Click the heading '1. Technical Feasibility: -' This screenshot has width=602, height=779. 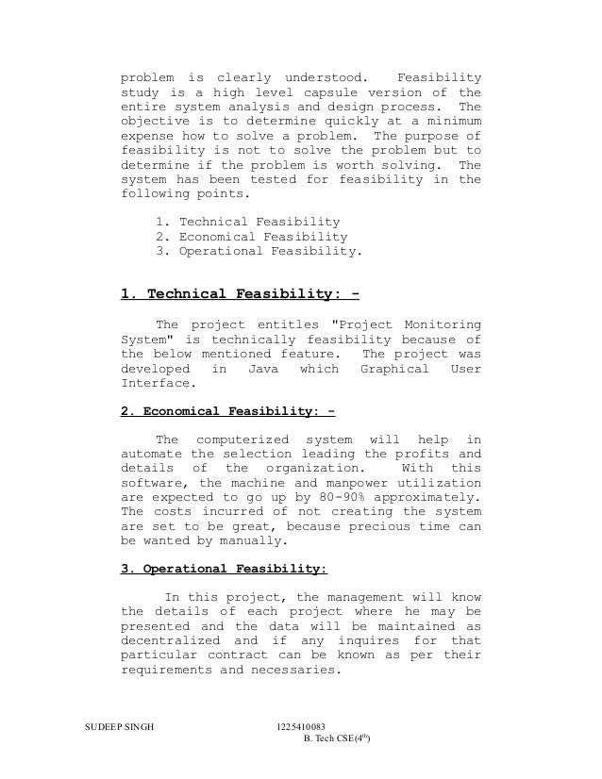coord(241,293)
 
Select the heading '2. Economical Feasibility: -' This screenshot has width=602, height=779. coord(228,411)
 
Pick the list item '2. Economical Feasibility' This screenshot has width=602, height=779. coord(249,238)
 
